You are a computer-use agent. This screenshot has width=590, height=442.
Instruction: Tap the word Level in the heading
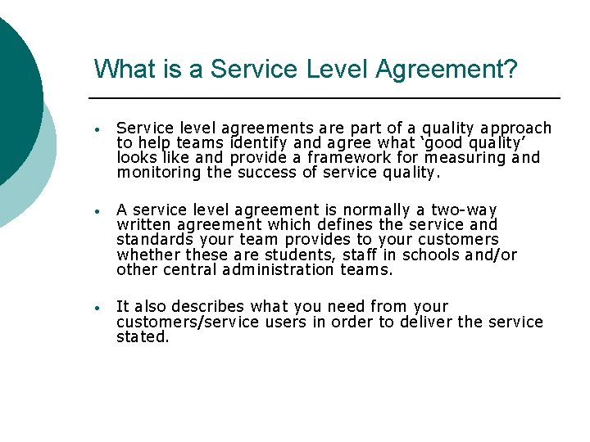tap(338, 69)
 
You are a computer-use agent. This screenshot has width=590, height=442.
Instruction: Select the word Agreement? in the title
tap(447, 69)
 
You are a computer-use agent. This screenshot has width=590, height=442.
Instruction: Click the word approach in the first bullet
tap(516, 129)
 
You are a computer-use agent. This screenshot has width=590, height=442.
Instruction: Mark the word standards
tap(154, 240)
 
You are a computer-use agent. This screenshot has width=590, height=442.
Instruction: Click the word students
tap(299, 255)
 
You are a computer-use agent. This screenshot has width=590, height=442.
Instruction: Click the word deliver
tap(424, 322)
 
